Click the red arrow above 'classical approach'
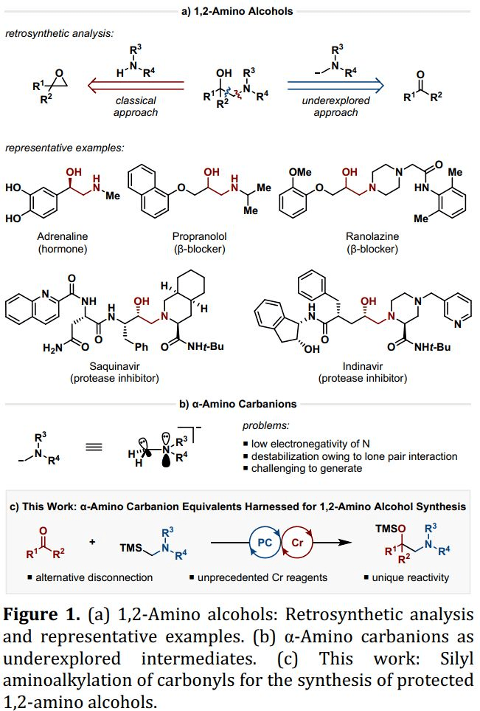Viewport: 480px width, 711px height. coord(137,84)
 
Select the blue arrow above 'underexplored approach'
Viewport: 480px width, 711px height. coord(335,84)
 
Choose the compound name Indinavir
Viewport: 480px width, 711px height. coord(362,367)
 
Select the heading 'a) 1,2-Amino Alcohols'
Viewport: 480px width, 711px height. coord(240,11)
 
